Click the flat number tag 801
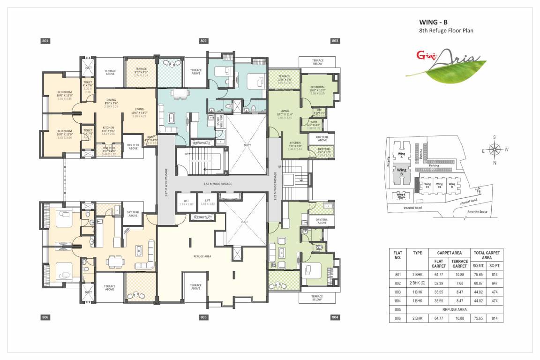pos(45,41)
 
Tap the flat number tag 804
pos(335,317)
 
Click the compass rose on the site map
pos(494,150)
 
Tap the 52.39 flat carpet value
pos(438,283)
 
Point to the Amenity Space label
pos(477,212)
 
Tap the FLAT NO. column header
pos(397,255)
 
